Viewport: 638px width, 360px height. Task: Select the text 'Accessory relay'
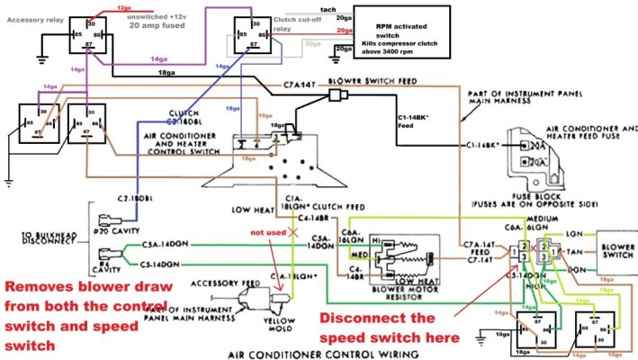[32, 17]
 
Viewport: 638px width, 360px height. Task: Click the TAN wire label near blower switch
[576, 253]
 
